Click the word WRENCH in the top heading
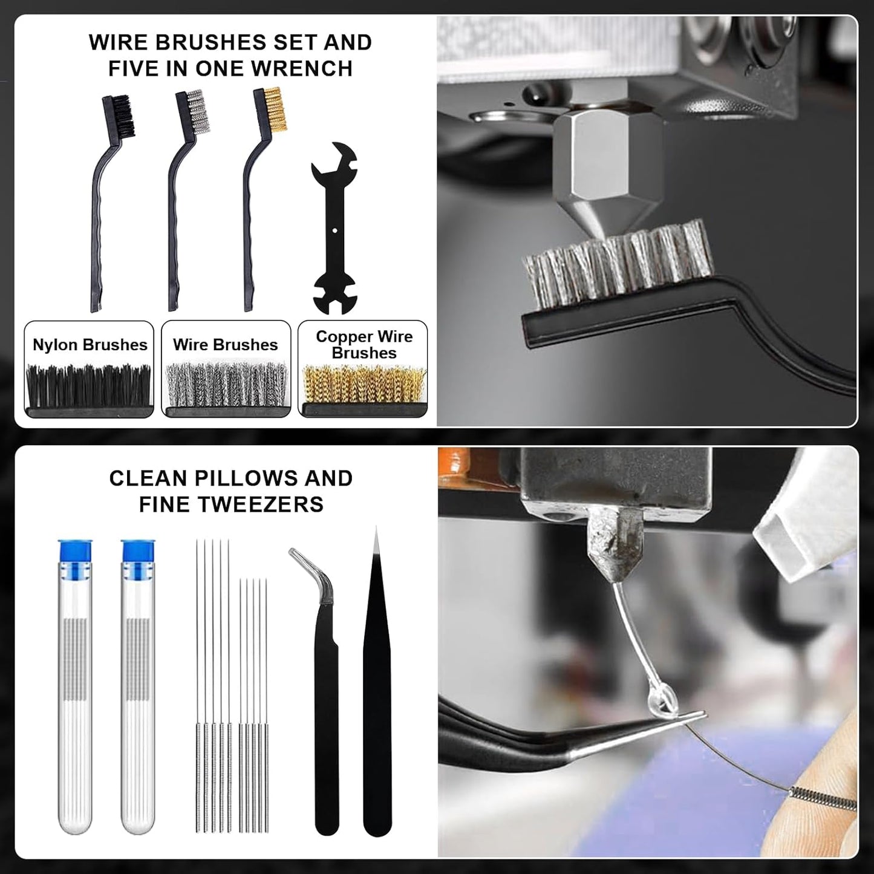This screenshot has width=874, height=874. (304, 68)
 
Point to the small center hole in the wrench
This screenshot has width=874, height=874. (334, 229)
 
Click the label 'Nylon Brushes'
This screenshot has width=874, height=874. (90, 345)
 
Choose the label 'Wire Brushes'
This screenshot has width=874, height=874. (225, 345)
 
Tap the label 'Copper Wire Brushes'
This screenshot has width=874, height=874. (364, 345)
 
